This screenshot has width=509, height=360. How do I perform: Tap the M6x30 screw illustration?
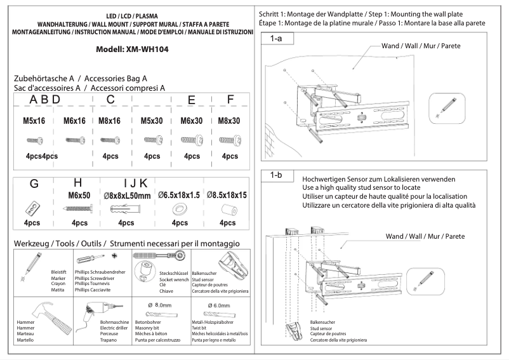pos(191,139)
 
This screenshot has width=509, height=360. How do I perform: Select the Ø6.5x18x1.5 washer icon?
pos(177,208)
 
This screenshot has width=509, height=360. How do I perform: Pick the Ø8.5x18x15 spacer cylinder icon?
pos(227,209)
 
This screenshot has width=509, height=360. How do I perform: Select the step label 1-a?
pos(277,39)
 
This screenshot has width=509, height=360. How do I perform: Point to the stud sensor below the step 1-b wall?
pos(296,331)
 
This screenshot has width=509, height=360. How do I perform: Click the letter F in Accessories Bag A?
pos(230,99)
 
